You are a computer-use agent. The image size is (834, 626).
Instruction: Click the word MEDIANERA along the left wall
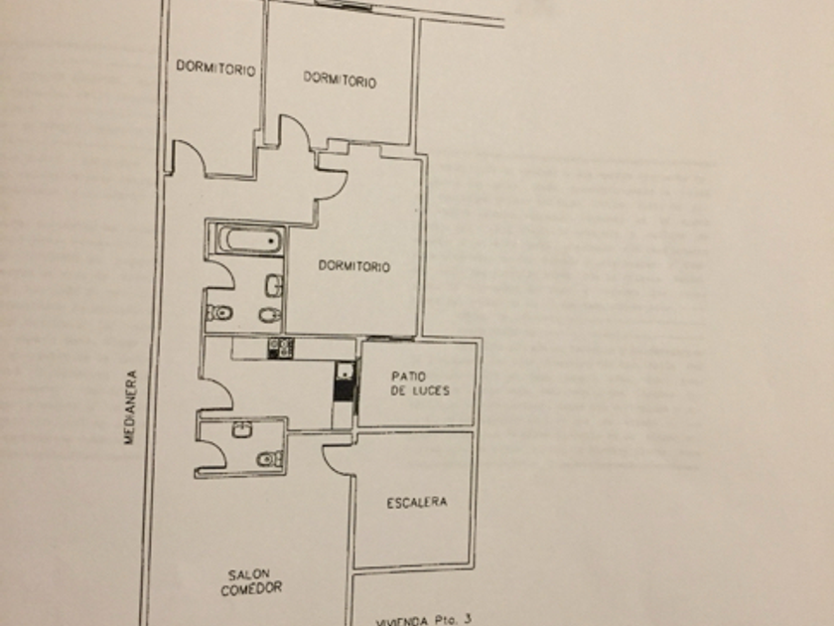[129, 408]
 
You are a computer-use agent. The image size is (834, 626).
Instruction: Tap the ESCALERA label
[416, 503]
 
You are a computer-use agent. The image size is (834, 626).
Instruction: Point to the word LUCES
[428, 391]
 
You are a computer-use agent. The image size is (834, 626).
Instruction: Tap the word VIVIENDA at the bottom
[401, 620]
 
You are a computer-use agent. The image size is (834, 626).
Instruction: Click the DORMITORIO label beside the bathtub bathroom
[353, 266]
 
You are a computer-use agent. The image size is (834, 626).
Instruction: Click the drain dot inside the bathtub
[269, 240]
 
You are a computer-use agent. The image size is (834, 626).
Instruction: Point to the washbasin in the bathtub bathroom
[273, 287]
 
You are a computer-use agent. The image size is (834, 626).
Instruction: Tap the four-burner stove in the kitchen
[281, 347]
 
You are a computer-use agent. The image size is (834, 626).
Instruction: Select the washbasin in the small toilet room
[240, 429]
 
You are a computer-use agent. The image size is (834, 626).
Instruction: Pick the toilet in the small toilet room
[268, 459]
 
